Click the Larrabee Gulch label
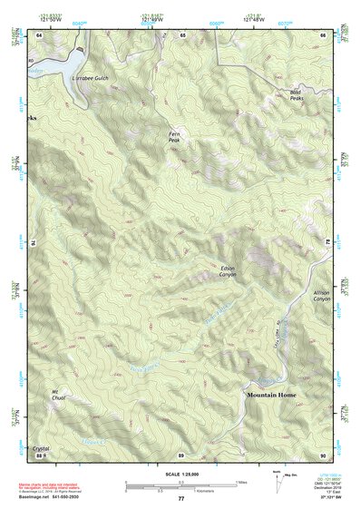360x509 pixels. [x=89, y=79]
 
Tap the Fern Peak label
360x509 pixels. [x=174, y=136]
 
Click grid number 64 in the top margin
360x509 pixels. [x=40, y=34]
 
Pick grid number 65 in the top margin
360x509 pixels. [x=181, y=34]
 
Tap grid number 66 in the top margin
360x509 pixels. [x=323, y=34]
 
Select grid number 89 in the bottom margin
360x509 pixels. [x=180, y=455]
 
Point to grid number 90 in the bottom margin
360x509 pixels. [x=322, y=455]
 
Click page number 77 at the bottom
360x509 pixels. [x=180, y=499]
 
